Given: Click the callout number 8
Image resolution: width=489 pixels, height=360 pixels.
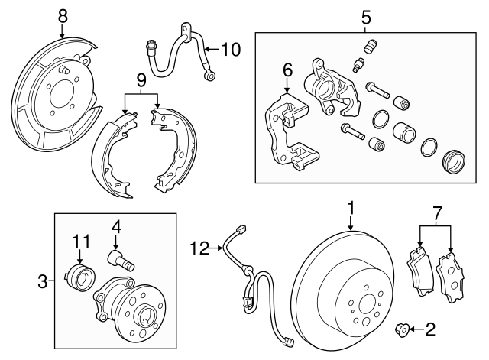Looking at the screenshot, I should click(x=63, y=15).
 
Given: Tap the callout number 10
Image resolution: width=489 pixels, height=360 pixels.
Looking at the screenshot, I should click(x=230, y=50).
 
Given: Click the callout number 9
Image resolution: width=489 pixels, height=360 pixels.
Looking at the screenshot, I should click(x=141, y=80).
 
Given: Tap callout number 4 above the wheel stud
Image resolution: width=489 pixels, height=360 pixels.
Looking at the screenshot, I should click(x=117, y=226).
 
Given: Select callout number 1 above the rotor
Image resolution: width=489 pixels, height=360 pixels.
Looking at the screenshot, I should click(x=351, y=206).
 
